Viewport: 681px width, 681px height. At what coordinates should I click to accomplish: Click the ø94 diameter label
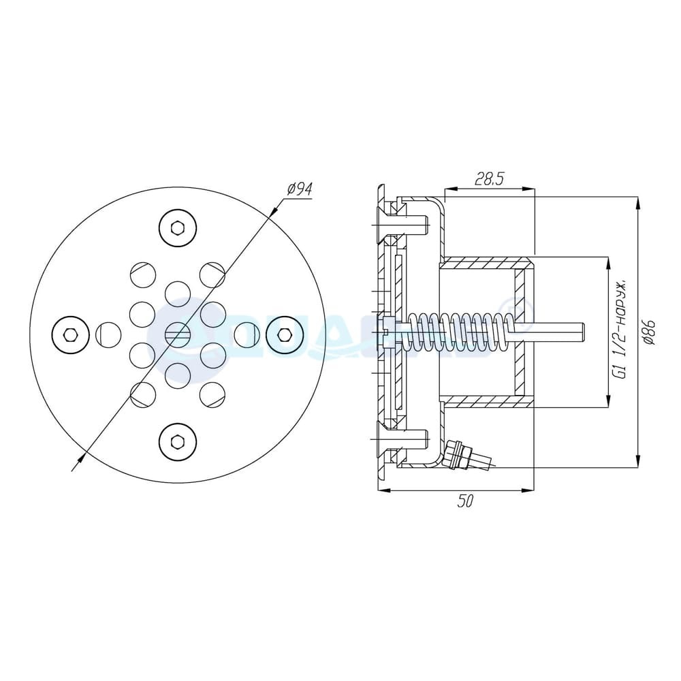pyautogui.click(x=299, y=189)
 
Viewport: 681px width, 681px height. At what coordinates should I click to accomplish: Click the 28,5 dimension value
pyautogui.click(x=489, y=180)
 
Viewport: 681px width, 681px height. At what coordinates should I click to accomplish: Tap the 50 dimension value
pyautogui.click(x=464, y=501)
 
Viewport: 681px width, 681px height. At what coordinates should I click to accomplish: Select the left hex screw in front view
pyautogui.click(x=71, y=334)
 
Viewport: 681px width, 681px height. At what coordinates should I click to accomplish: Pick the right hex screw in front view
pyautogui.click(x=284, y=334)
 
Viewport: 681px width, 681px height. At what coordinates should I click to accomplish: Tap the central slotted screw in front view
pyautogui.click(x=178, y=334)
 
